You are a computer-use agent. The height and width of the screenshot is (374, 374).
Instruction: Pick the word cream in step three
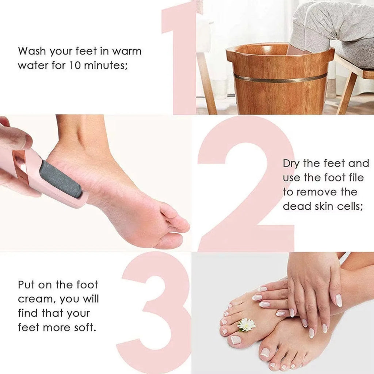coord(35,299)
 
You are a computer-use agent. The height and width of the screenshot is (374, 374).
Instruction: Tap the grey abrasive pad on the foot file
coord(60,179)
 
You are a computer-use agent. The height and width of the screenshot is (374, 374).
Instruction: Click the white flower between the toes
coord(247,324)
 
